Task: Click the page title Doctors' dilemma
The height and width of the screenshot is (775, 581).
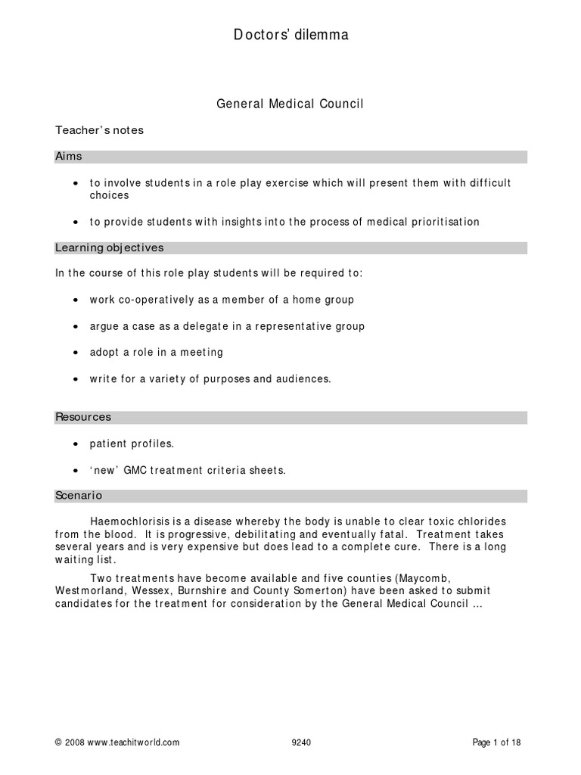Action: click(x=290, y=35)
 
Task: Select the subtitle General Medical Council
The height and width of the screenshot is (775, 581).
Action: click(x=290, y=104)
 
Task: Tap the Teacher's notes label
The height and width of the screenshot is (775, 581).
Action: click(x=99, y=130)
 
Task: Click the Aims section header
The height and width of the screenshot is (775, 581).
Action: click(x=69, y=157)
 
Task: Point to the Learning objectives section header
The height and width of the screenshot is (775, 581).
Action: click(x=109, y=247)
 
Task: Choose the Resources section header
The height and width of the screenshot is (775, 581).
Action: click(x=83, y=417)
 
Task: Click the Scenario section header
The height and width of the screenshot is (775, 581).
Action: click(x=79, y=496)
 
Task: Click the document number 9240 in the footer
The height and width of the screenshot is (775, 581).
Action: click(x=301, y=743)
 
